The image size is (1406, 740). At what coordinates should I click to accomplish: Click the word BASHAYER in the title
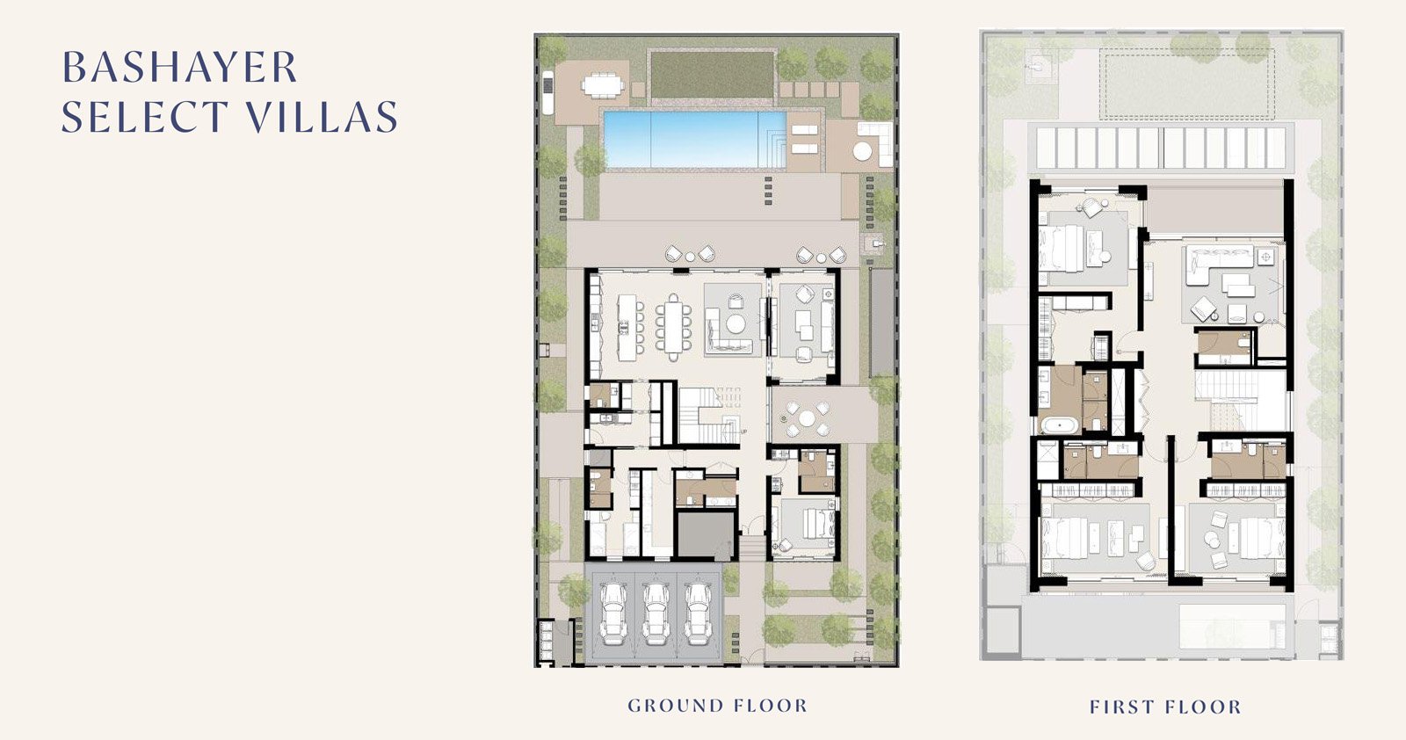(179, 67)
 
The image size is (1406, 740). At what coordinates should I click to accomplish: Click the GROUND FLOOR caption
(717, 706)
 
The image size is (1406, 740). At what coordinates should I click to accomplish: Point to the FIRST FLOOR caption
(1165, 707)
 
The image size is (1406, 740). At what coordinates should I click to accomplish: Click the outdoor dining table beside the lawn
(603, 85)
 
